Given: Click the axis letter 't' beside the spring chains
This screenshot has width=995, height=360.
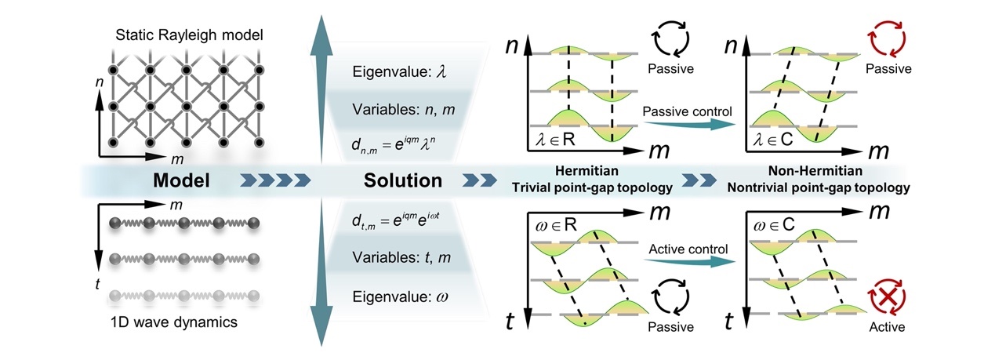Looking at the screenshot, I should tap(96, 283).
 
